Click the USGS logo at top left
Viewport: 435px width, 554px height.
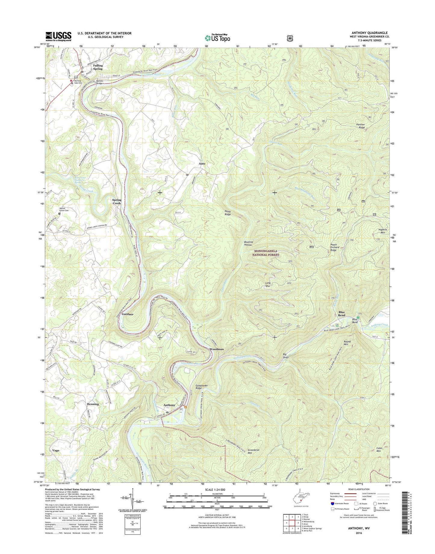(58, 36)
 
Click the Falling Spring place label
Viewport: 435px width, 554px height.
(98, 67)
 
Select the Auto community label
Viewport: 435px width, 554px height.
(202, 164)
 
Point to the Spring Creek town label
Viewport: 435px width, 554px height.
(117, 202)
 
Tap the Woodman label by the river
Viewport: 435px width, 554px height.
(216, 349)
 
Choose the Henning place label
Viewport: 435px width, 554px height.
(92, 404)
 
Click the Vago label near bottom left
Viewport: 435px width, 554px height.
(56, 451)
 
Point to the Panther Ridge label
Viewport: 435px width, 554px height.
(361, 126)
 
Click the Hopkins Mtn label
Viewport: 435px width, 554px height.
(382, 231)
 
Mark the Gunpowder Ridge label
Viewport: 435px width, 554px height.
(203, 387)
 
